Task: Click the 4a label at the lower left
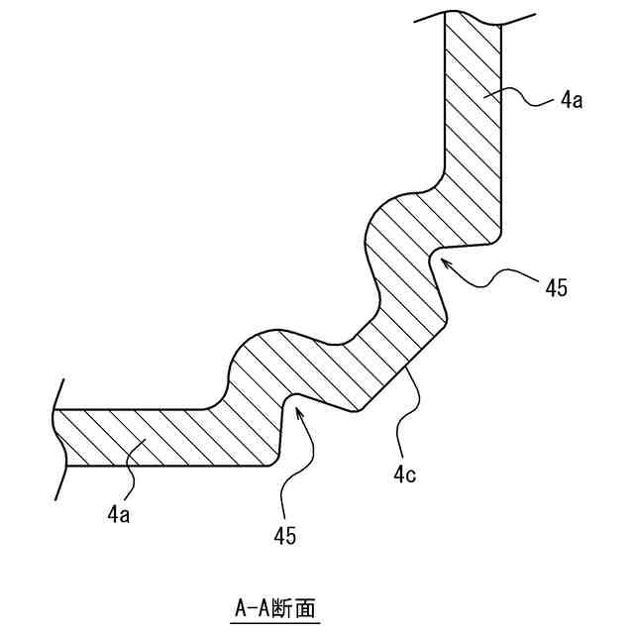point(118,514)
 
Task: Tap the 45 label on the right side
point(557,288)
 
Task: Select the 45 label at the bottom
point(284,536)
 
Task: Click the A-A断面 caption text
point(276,605)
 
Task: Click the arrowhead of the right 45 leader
point(443,261)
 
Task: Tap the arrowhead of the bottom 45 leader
point(297,407)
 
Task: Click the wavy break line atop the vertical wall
point(474,18)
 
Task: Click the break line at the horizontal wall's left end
point(54,436)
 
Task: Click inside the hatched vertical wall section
point(473,129)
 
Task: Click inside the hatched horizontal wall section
point(149,436)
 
